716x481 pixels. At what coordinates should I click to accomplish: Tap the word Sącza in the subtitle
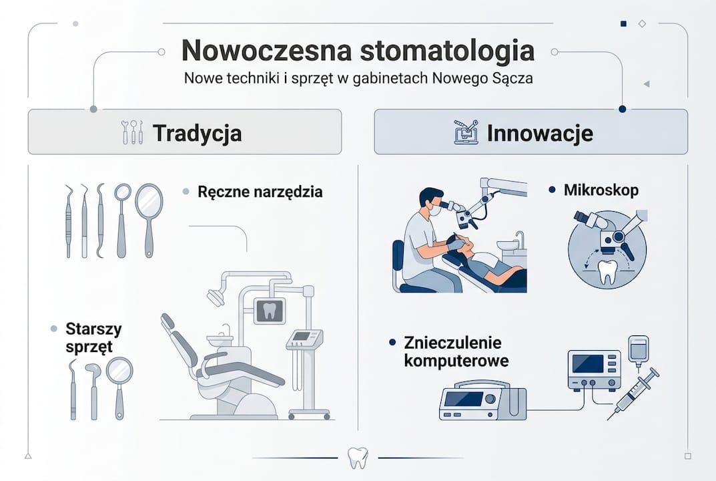[512, 78]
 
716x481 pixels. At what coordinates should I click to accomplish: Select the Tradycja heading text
[197, 132]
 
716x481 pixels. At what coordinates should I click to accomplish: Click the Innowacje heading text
[540, 132]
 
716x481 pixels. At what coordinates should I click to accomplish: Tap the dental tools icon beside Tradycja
[132, 132]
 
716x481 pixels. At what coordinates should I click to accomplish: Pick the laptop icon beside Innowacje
[466, 132]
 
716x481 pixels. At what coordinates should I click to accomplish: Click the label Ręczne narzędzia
[260, 192]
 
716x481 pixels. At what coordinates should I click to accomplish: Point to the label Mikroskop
[601, 190]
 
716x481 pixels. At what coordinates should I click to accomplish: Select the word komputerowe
[456, 361]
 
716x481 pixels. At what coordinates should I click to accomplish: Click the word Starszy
[93, 329]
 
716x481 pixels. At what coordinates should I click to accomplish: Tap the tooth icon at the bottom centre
[358, 458]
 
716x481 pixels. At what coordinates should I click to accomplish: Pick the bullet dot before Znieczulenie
[393, 343]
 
